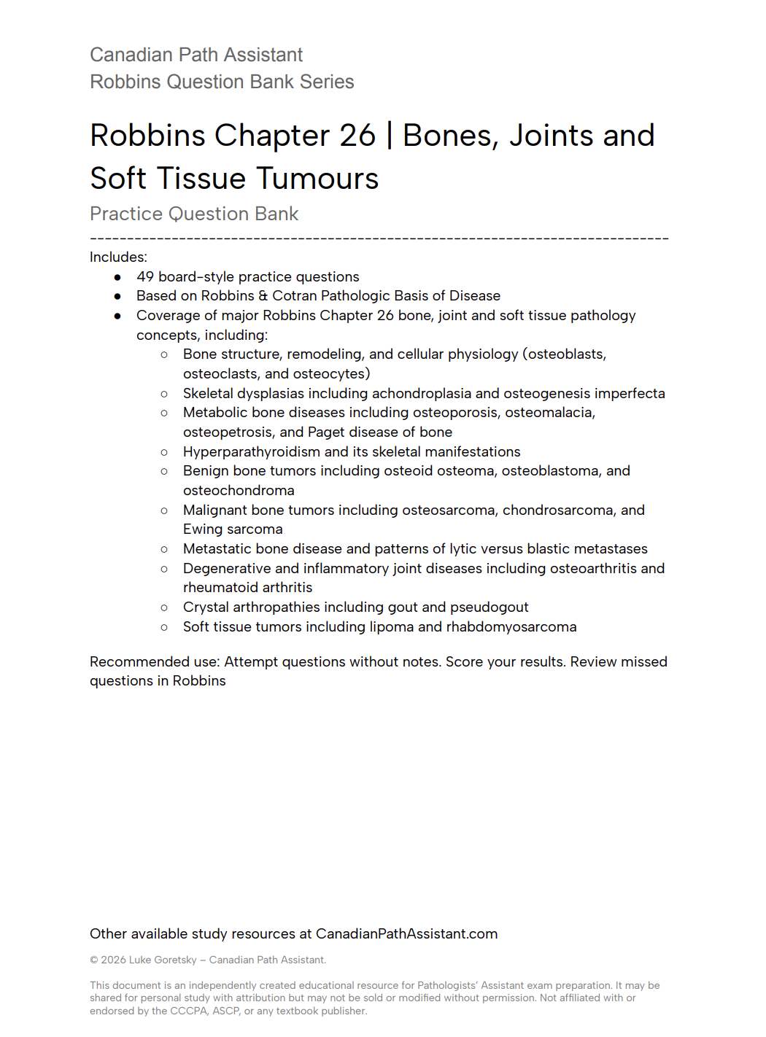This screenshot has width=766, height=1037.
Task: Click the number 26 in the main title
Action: tap(357, 136)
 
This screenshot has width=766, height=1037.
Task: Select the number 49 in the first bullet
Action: tap(145, 277)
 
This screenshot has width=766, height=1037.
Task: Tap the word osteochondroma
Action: tap(239, 491)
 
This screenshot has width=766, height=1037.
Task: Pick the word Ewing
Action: tap(203, 529)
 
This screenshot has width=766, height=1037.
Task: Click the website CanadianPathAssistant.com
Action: tap(406, 934)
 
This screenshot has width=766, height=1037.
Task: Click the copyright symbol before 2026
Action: tap(94, 960)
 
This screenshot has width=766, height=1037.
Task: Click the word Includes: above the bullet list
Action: tap(118, 257)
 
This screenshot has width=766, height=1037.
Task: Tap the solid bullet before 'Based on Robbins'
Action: tap(117, 296)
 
